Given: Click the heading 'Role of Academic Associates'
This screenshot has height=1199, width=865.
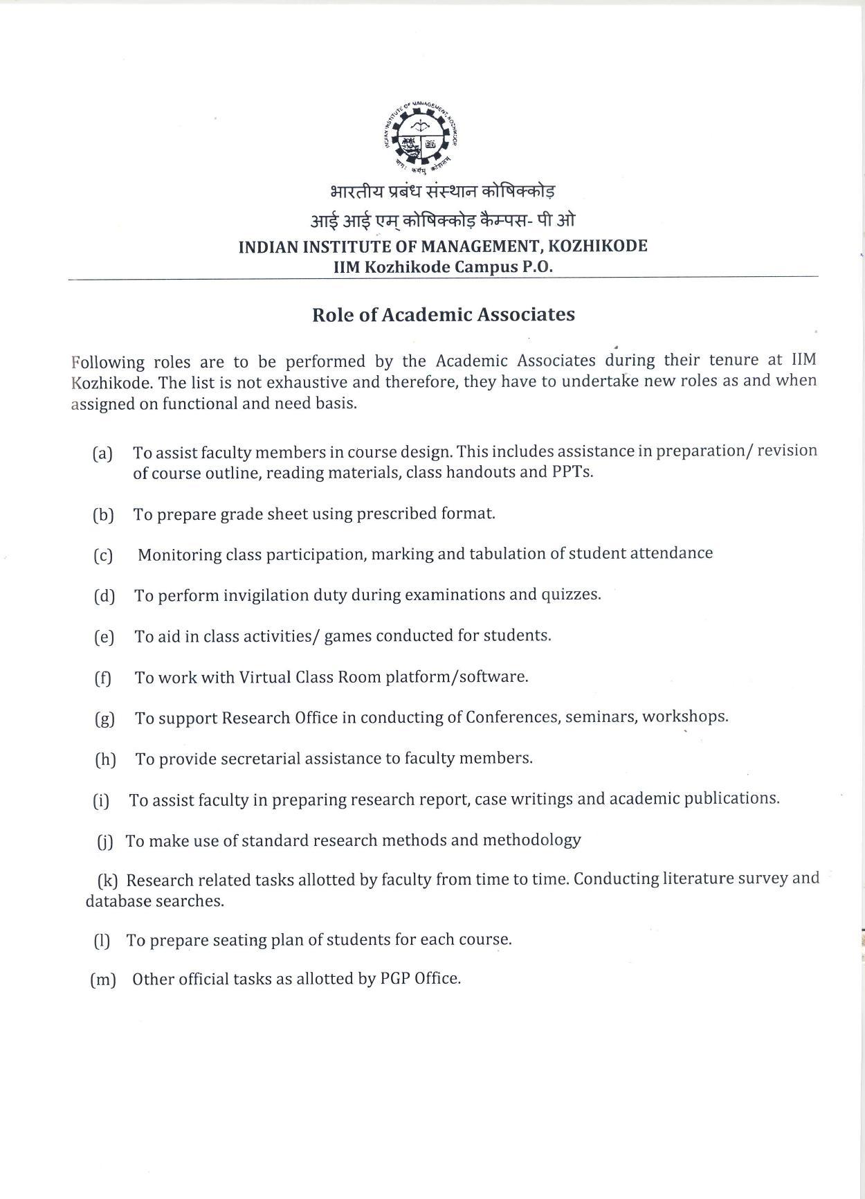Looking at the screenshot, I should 443,315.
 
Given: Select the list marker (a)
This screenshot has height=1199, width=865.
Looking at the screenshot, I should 102,454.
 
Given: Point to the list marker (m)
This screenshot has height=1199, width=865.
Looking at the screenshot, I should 103,980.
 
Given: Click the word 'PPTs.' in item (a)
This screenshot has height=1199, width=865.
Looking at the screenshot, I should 572,472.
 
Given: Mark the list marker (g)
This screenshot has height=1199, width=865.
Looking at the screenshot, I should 104,719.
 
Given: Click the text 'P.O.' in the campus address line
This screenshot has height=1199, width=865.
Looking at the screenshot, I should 536,267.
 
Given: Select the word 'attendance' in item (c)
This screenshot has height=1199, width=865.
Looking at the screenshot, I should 671,553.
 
